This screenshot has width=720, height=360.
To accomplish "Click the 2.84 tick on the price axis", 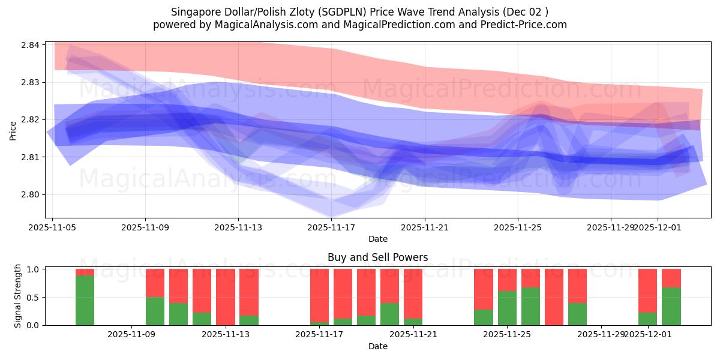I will click(31, 45).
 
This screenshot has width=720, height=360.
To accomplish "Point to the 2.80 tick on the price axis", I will click(31, 194).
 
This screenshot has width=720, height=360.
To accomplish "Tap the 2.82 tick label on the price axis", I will click(31, 120).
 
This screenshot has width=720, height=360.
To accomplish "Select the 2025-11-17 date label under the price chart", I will click(331, 228).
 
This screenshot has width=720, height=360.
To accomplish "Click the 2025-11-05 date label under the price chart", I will click(52, 228).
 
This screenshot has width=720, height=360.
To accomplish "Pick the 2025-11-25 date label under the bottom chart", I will click(507, 335).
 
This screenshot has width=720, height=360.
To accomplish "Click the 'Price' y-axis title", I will click(13, 130).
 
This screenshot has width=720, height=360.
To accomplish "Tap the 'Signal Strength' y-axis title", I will click(18, 296).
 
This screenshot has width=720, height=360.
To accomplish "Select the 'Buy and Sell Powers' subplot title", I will click(377, 257).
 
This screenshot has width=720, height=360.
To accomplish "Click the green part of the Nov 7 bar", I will click(85, 300).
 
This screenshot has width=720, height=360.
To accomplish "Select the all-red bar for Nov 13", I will click(225, 297).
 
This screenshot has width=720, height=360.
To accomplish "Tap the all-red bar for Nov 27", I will click(554, 297).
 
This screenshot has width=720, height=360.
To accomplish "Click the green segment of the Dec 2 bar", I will click(671, 306).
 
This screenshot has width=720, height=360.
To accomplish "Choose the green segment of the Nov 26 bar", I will click(530, 306).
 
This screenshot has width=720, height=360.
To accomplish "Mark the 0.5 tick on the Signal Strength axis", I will click(35, 297).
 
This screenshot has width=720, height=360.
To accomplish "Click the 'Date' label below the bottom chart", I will click(377, 346).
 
